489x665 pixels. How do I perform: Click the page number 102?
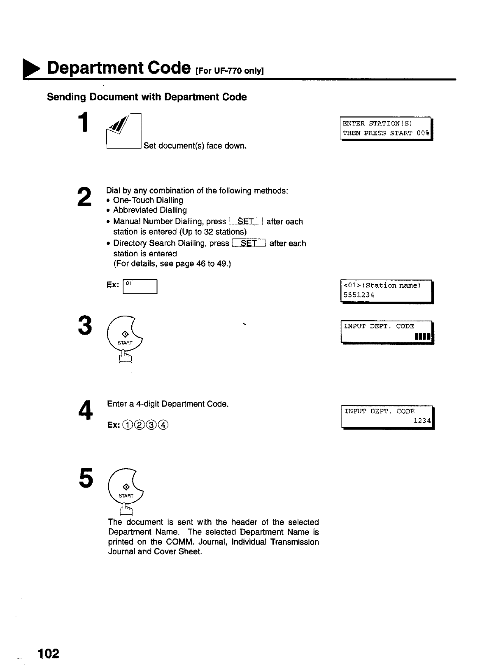(49, 653)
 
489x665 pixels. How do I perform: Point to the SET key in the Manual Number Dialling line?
(246, 222)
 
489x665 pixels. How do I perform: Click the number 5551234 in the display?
(359, 295)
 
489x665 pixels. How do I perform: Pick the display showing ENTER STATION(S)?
(385, 128)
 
